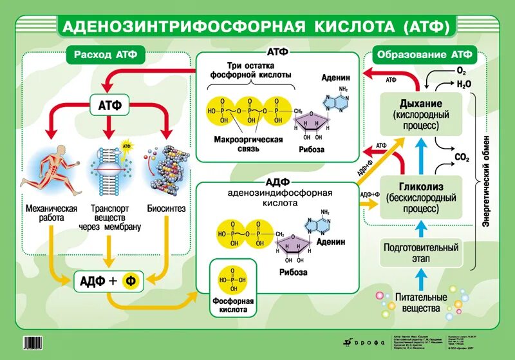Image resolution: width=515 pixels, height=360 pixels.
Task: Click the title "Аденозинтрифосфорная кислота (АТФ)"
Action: click(257, 26)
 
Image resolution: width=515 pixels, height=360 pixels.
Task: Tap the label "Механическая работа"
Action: click(51, 213)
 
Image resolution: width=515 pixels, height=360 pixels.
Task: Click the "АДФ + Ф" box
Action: click(108, 280)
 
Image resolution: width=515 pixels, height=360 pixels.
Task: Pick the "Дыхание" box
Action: click(421, 114)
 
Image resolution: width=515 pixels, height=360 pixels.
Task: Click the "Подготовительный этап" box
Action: click(421, 252)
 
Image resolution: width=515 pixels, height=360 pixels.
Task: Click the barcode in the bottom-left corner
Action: click(38, 342)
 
